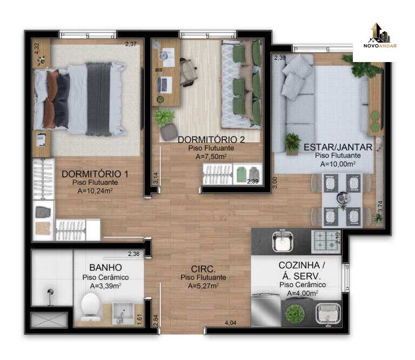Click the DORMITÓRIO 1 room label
click(95, 174)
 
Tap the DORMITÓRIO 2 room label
click(211, 140)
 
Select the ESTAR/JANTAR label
click(338, 147)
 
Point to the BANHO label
click(105, 268)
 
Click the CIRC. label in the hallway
click(203, 269)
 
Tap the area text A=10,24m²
click(95, 191)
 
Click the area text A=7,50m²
click(211, 157)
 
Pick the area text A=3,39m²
click(105, 286)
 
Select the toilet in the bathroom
click(91, 308)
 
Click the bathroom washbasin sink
click(123, 313)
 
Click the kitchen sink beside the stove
click(283, 241)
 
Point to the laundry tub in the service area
click(328, 314)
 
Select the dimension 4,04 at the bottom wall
click(231, 323)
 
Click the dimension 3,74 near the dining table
click(380, 206)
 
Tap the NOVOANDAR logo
click(380, 37)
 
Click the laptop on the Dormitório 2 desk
click(164, 85)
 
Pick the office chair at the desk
click(189, 72)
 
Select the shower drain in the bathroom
click(50, 292)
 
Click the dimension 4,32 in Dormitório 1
click(37, 49)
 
